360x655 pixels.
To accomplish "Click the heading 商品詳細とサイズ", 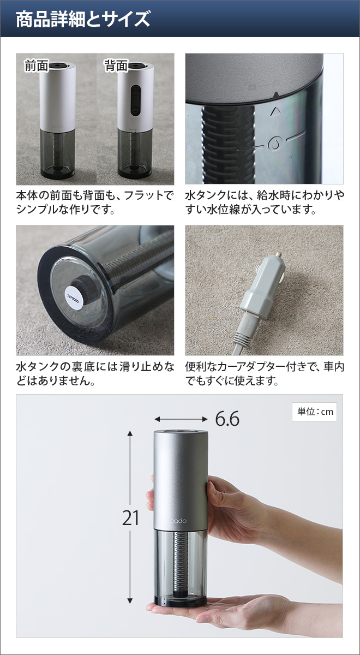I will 82,20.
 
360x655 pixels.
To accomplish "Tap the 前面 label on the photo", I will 36,66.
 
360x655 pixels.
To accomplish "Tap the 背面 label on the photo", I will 116,66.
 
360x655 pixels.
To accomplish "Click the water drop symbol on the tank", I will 274,144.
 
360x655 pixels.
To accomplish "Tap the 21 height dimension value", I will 131,517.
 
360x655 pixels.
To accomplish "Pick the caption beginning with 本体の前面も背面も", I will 95,202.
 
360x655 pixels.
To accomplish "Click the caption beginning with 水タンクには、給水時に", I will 265,202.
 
